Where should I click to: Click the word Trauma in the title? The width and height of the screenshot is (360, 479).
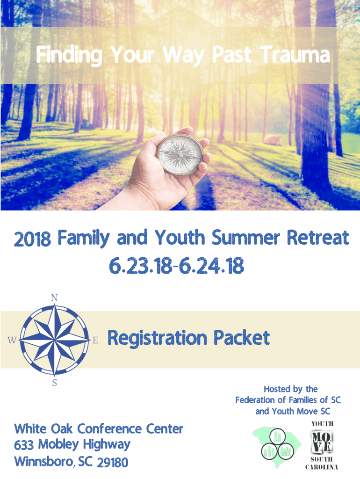(x=295, y=55)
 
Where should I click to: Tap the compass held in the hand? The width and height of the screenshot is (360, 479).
(x=180, y=153)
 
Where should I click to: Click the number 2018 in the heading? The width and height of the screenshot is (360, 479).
(x=32, y=239)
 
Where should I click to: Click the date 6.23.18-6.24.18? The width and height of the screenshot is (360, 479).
(x=176, y=266)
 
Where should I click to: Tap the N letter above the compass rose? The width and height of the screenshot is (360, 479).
(x=54, y=298)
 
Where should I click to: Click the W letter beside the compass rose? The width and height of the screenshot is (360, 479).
(x=12, y=340)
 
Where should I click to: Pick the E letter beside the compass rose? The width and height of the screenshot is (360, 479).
(x=95, y=340)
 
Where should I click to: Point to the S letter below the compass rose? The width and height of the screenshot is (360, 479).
(x=55, y=383)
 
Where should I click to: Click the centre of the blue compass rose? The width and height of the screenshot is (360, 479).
(x=55, y=340)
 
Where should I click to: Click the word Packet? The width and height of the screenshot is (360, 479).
(x=242, y=338)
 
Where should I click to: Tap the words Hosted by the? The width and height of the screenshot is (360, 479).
(x=291, y=389)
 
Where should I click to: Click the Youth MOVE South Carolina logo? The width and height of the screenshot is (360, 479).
(x=322, y=445)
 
